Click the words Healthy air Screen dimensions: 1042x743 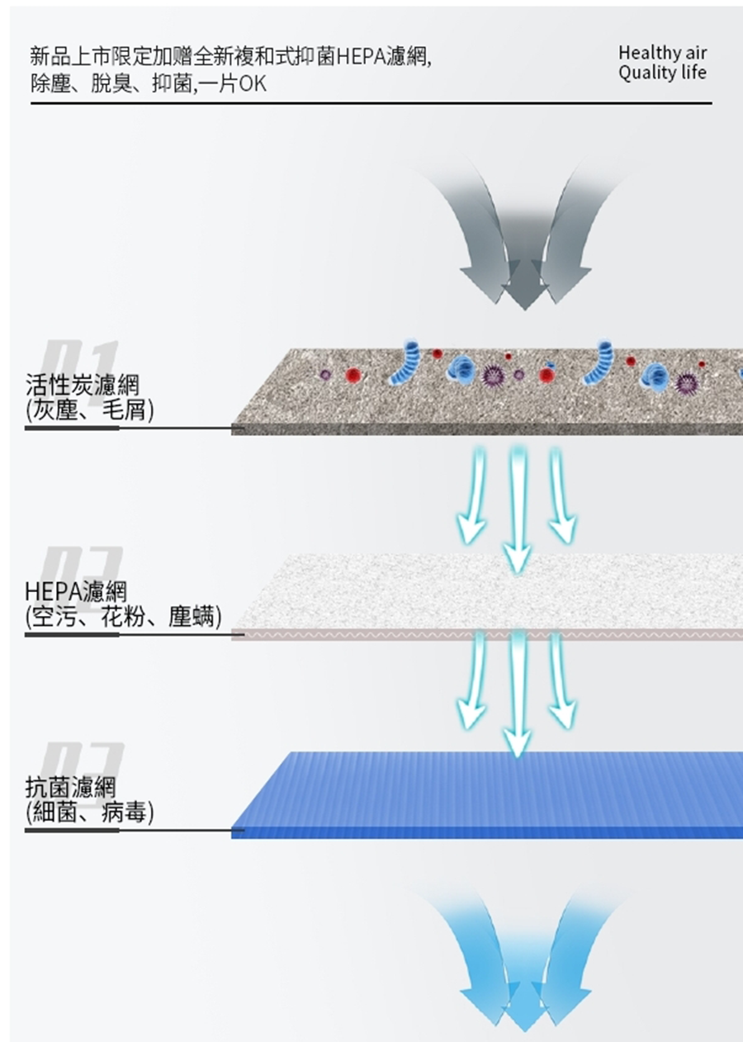point(662,54)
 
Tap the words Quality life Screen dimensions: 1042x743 point(662,73)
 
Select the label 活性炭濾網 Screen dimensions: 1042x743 point(83,385)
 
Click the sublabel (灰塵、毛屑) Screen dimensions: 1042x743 point(89,410)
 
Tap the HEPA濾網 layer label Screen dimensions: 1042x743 point(76,591)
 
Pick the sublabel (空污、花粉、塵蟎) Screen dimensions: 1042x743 point(123,617)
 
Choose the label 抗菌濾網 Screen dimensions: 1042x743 point(71,788)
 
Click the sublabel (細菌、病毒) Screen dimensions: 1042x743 point(89,813)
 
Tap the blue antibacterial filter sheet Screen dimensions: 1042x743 point(495,793)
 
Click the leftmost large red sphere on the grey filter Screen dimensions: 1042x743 point(354,376)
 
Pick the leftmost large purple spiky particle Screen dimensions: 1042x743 point(493,376)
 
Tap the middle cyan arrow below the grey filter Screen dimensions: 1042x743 point(518,508)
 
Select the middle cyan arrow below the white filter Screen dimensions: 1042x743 point(518,694)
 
